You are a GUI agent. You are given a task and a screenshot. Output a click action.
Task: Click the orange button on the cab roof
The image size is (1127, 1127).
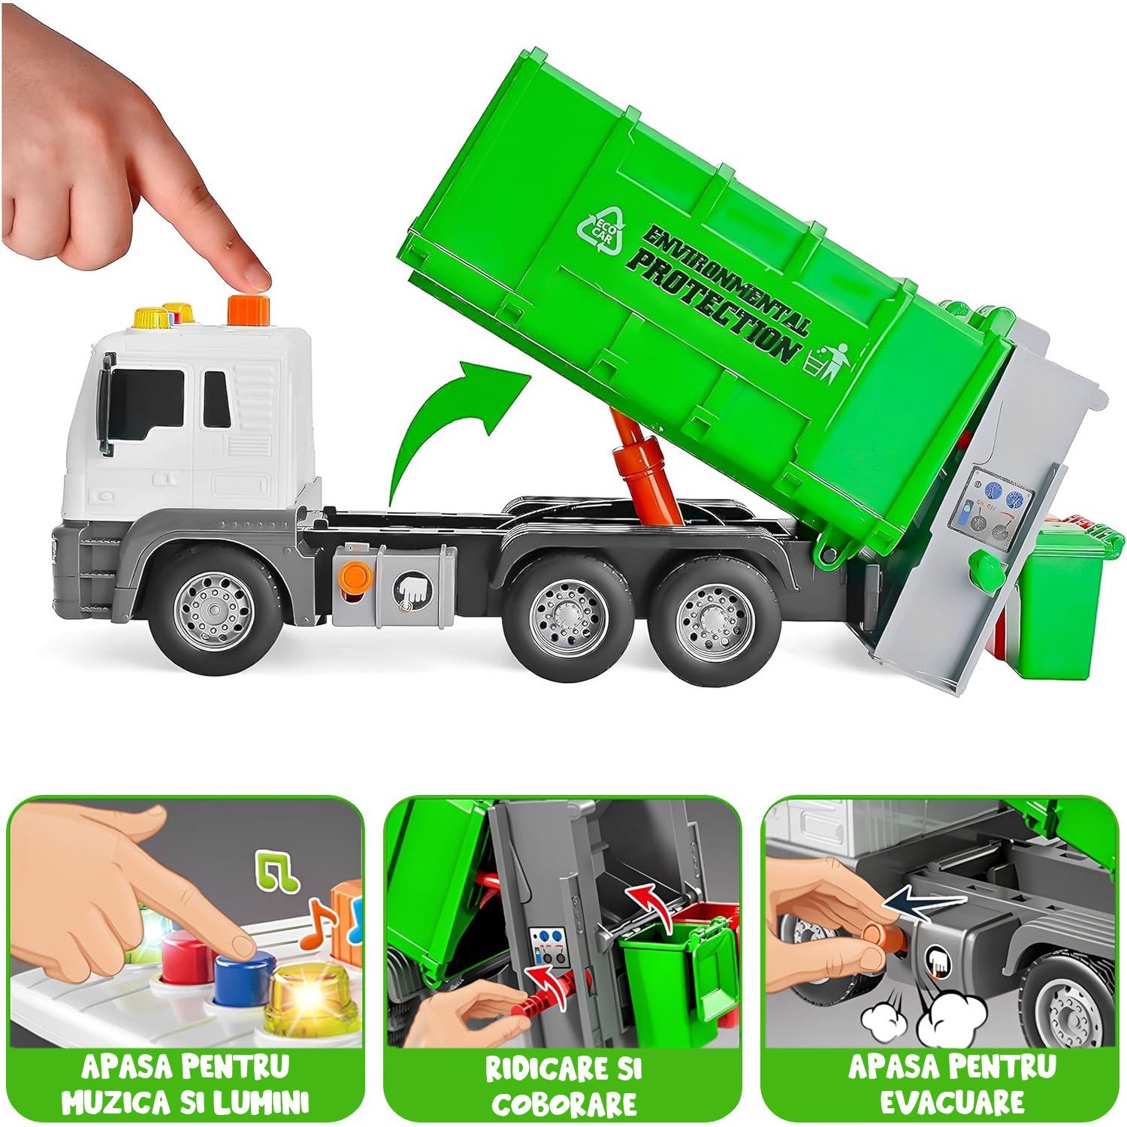pos(248,310)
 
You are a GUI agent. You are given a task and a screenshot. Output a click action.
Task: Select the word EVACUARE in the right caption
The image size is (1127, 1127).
pos(952,1102)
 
